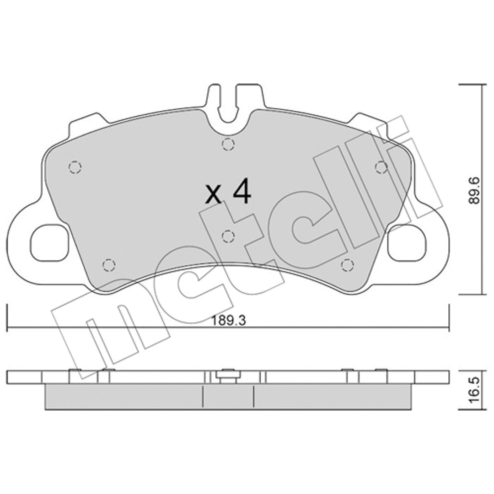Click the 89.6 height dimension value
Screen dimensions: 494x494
pyautogui.click(x=474, y=190)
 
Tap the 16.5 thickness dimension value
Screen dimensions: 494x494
pyautogui.click(x=474, y=389)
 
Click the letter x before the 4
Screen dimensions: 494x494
pyautogui.click(x=213, y=194)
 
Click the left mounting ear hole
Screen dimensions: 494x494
pyautogui.click(x=49, y=242)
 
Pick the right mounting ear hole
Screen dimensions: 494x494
pyautogui.click(x=407, y=242)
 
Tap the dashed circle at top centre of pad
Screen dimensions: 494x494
pyautogui.click(x=228, y=144)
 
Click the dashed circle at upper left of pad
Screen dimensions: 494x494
pyautogui.click(x=75, y=166)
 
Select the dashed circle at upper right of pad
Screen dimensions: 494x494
pyautogui.click(x=381, y=166)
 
